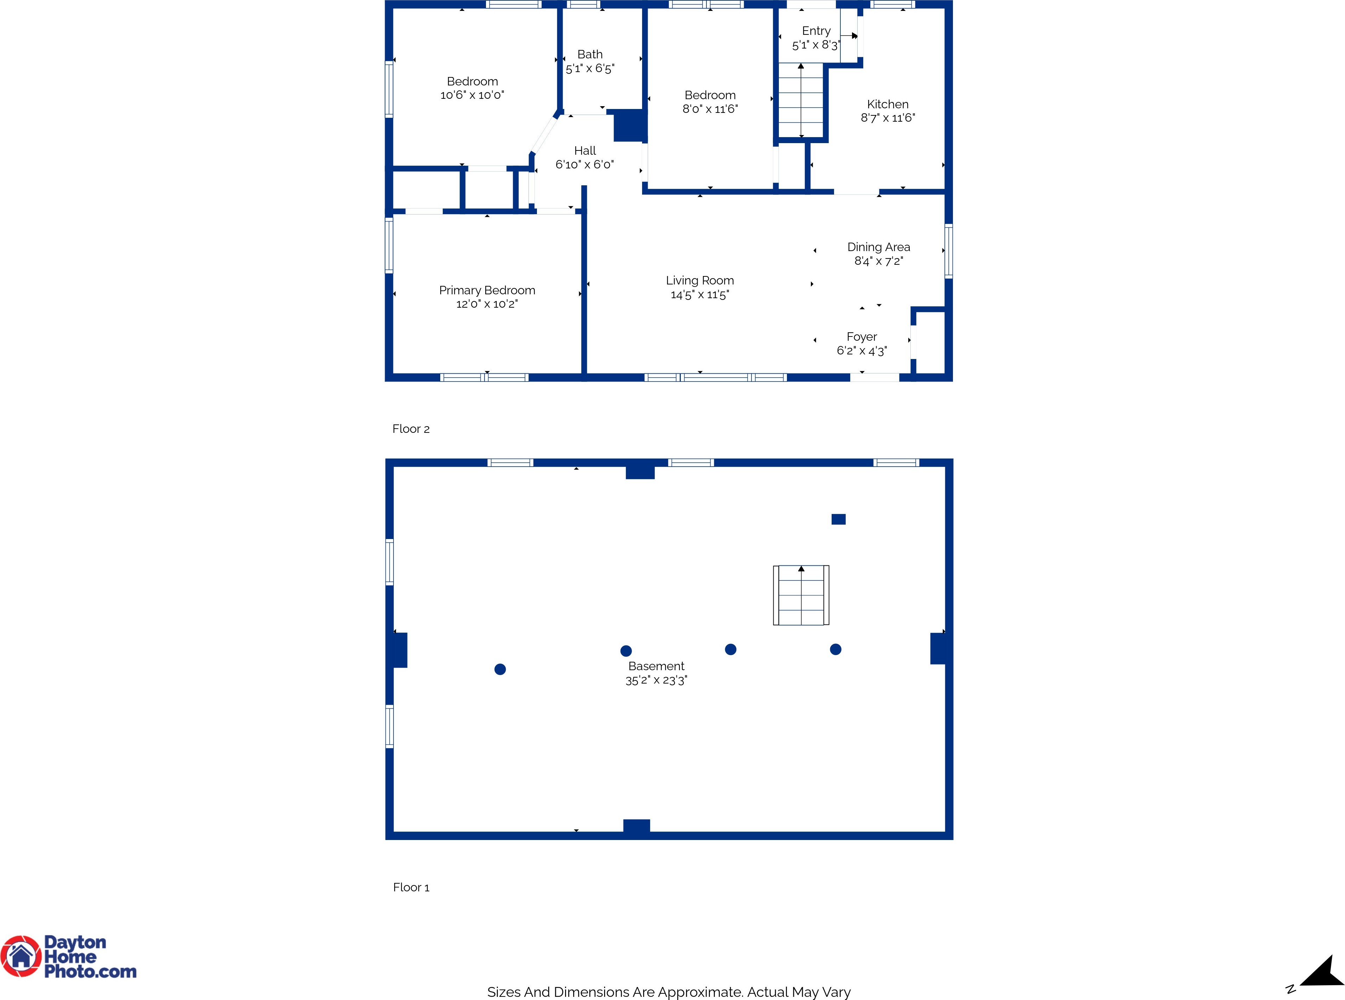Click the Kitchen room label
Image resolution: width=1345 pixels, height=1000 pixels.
click(x=888, y=104)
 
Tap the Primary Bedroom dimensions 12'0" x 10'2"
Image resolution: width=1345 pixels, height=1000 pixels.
click(x=487, y=304)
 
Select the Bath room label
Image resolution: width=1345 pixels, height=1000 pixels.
click(x=590, y=55)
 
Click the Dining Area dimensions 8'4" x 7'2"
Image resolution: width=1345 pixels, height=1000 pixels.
click(x=878, y=261)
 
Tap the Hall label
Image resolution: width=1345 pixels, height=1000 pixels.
click(x=585, y=151)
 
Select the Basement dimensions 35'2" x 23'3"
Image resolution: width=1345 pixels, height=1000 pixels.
click(x=656, y=680)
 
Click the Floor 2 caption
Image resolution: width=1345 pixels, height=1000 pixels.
click(x=411, y=429)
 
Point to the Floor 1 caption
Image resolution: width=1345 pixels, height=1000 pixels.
click(x=411, y=887)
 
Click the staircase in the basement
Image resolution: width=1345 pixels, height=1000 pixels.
click(x=801, y=595)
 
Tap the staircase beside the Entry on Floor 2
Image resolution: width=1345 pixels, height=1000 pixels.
click(x=801, y=101)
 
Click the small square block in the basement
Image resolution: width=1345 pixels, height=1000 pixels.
click(x=838, y=519)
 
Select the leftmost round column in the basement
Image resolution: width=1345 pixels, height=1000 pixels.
click(x=500, y=669)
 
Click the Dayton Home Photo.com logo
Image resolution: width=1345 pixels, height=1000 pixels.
click(x=69, y=957)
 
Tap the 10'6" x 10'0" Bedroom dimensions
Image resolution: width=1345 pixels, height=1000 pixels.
click(x=472, y=95)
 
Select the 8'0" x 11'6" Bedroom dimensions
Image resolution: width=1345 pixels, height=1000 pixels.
click(x=710, y=109)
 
